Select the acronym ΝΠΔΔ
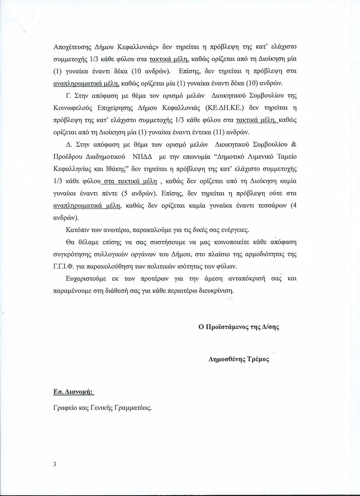pyautogui.click(x=150, y=157)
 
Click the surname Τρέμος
pyautogui.click(x=259, y=359)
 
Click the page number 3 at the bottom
pyautogui.click(x=55, y=464)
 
